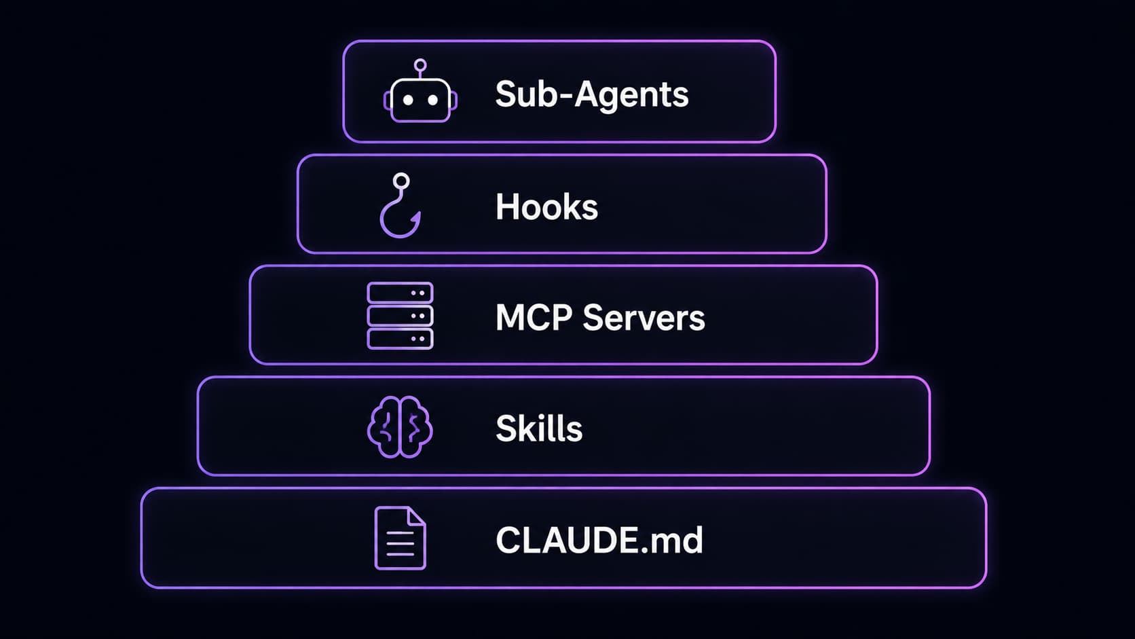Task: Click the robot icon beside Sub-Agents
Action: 420,99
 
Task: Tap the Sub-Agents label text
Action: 592,94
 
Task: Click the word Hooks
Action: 546,206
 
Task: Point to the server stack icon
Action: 400,316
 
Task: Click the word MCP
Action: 534,318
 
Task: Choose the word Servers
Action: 644,318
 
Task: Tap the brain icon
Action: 400,426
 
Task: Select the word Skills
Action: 539,428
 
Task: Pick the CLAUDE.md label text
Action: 599,540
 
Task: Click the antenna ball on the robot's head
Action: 420,65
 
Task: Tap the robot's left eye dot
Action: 407,100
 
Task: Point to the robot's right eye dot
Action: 432,100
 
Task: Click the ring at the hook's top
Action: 401,181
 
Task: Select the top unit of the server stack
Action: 400,293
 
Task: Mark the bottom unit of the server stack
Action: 400,339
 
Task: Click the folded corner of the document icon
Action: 417,516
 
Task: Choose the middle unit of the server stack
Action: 400,316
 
